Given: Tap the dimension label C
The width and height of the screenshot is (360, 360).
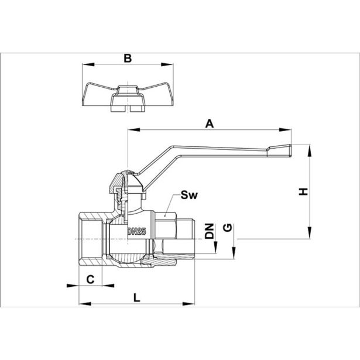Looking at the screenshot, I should tap(91, 279).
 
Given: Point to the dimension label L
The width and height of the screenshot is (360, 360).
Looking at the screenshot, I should tap(136, 297).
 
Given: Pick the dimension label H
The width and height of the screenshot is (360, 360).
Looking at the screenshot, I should tap(303, 191).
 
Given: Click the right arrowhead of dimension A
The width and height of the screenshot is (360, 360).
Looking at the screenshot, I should tap(288, 130).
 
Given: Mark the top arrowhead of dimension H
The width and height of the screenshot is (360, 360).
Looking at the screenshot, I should tap(308, 147).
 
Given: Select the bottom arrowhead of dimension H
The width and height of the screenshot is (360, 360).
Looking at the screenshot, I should tap(308, 235).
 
